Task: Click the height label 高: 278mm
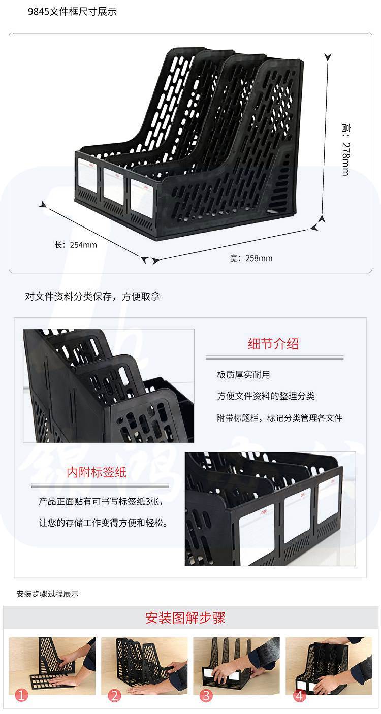pos(345,149)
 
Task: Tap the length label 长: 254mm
pos(76,245)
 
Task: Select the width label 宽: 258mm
pos(251,258)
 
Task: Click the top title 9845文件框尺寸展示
pos(72,12)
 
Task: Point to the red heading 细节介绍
pos(273,344)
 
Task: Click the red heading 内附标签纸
pos(97,472)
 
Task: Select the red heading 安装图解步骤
pos(185,618)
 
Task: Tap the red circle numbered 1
pos(21,695)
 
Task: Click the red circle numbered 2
pos(114,695)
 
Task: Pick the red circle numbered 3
pos(206,695)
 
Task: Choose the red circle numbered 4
pos(299,695)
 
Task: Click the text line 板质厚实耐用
pos(243,375)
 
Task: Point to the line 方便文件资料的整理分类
pos(266,396)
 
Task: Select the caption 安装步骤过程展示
pos(47,594)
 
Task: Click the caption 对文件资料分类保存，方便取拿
pos(92,297)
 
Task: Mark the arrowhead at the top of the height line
pos(328,57)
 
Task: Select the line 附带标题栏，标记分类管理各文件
pos(279,418)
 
